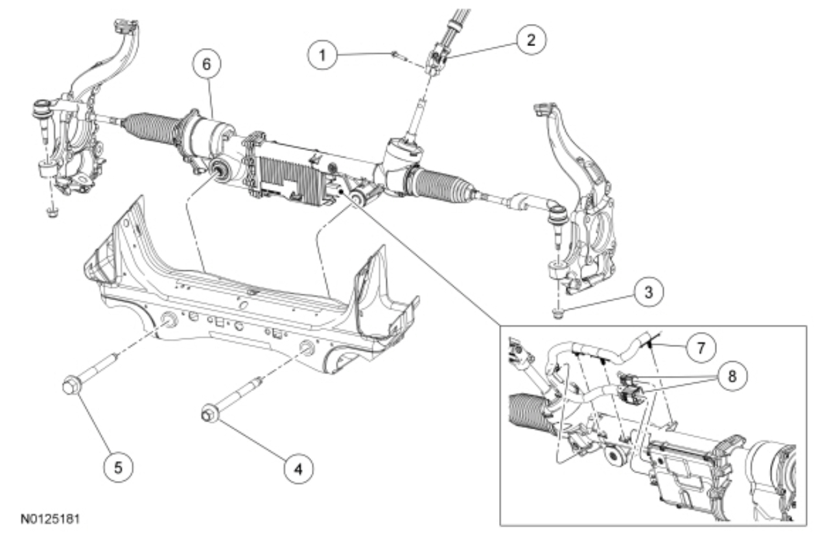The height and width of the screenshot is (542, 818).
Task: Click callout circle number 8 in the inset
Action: tap(731, 375)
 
